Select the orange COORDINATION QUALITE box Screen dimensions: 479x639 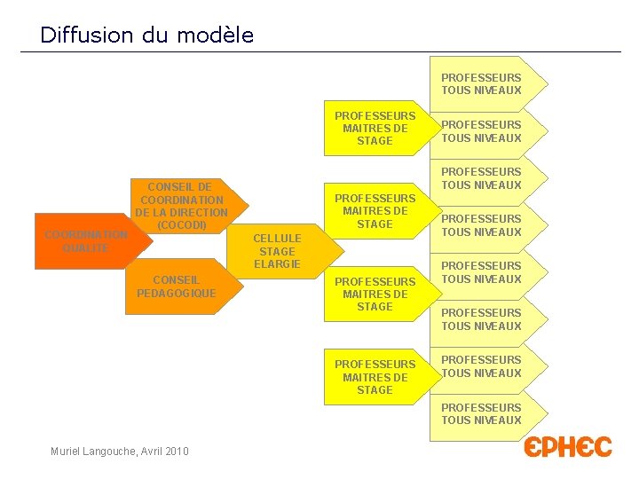coord(83,241)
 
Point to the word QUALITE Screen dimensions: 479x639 coord(85,248)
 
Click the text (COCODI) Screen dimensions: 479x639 coord(181,225)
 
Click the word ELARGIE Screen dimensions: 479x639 coord(277,264)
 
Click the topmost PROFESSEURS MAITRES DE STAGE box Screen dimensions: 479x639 coord(375,129)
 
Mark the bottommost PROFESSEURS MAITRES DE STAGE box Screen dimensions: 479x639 coord(375,377)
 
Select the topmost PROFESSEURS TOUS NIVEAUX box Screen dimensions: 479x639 coord(482,84)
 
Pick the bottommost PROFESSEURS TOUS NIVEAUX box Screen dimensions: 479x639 coord(482,414)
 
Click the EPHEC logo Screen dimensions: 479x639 coord(568,447)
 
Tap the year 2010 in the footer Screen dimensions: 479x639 coord(176,452)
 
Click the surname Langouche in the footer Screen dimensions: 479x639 coord(106,452)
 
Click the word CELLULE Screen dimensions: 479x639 coord(277,238)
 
